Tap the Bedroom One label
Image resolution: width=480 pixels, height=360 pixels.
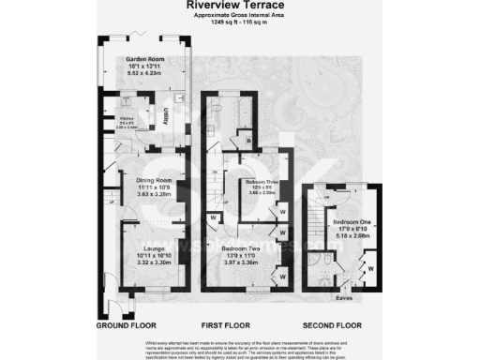(351, 221)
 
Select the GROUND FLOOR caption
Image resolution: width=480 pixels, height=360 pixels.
(127, 325)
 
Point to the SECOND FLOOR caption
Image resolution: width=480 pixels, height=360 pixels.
(333, 325)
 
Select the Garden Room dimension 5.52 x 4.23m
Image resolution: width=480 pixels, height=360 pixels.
(144, 73)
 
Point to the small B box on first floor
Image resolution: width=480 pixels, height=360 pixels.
(248, 141)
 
